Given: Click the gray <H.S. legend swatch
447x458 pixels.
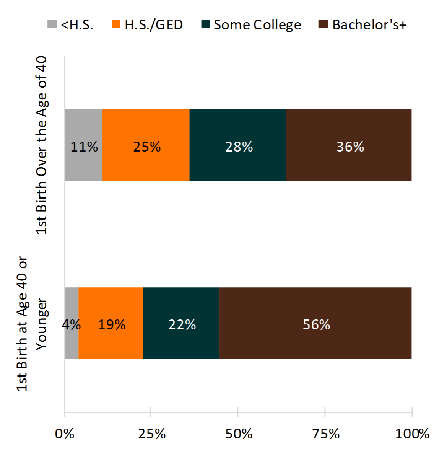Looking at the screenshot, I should [52, 24].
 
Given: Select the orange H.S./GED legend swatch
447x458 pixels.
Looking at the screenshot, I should [116, 24].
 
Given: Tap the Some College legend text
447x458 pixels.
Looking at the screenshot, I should [257, 25].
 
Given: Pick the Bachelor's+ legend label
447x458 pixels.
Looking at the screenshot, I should [369, 25].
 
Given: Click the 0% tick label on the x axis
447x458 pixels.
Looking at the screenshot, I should [64, 434].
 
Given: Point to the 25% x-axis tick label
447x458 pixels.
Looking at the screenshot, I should [152, 434].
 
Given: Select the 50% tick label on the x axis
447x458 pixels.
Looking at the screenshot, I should [239, 434].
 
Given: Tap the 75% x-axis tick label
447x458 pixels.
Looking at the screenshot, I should [326, 434].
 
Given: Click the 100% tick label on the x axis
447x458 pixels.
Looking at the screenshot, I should [412, 434].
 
